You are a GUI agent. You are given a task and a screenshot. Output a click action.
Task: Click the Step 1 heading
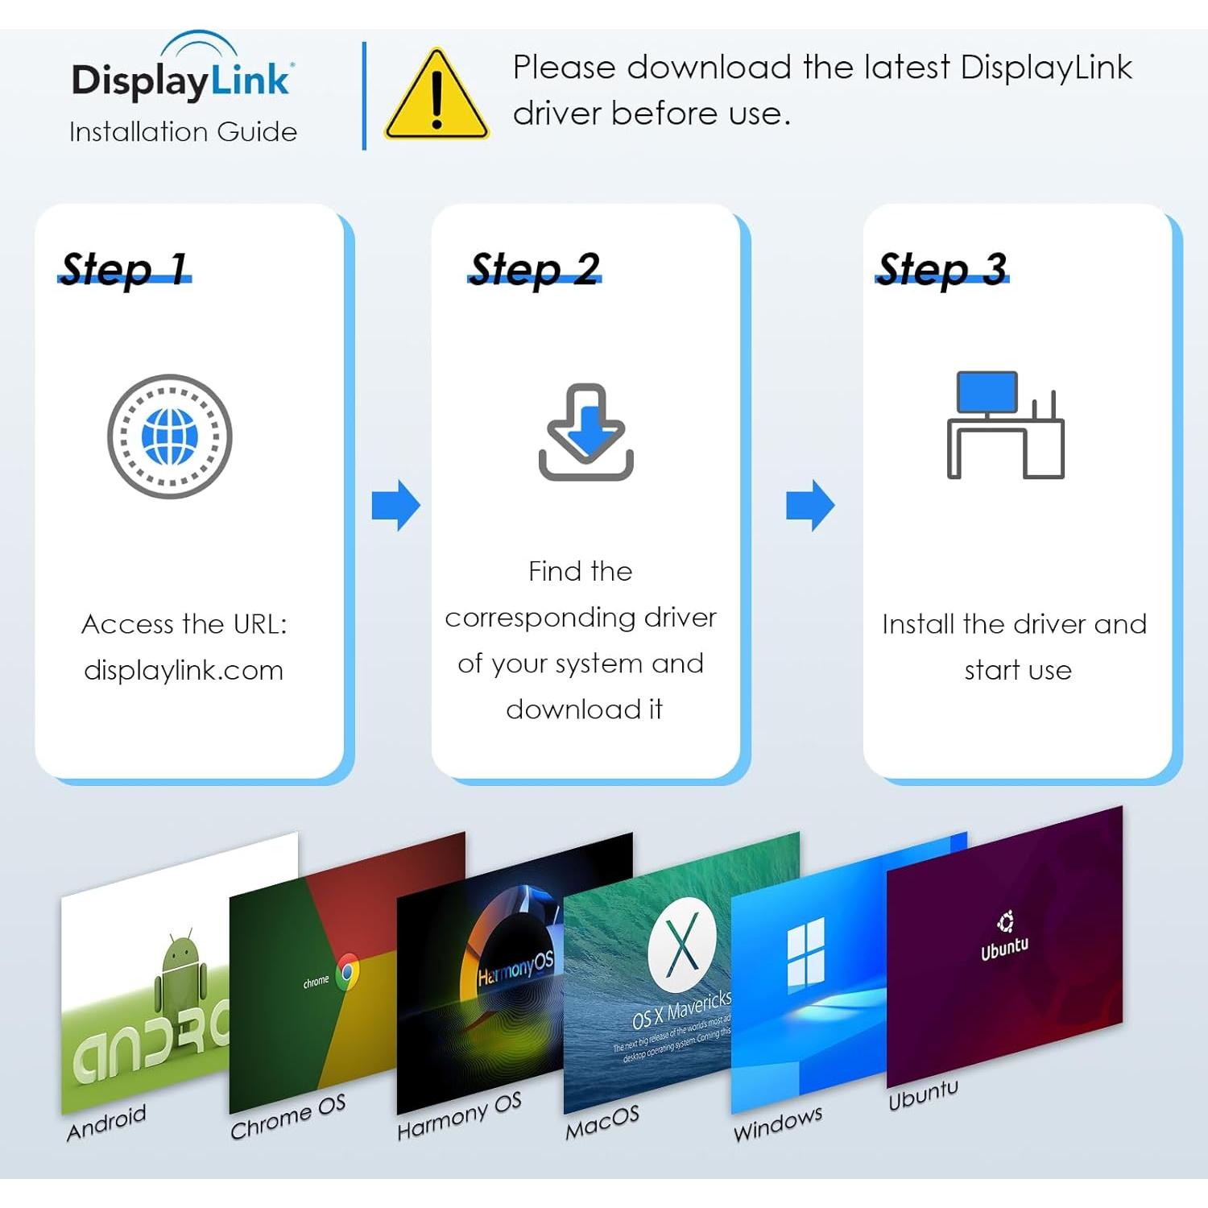coord(124,268)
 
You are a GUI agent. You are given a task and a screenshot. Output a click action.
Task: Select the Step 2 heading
coord(535,268)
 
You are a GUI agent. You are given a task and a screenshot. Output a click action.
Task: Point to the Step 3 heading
coord(942,268)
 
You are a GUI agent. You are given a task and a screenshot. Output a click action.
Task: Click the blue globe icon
coord(170,436)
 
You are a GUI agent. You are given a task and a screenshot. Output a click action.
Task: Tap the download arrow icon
coord(585,432)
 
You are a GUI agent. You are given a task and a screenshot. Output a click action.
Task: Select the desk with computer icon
coord(1005,425)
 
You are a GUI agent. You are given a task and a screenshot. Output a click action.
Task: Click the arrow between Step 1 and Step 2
coord(395,506)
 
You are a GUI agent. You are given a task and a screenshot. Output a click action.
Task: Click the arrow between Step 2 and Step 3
coord(810,506)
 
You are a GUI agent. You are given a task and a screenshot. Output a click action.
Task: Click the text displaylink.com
coord(184,670)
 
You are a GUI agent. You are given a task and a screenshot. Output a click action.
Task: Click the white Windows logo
coord(806,955)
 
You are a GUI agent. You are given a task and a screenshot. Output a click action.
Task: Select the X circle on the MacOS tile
coord(682,945)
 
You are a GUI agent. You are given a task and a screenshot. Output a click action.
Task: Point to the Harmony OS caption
coord(459,1116)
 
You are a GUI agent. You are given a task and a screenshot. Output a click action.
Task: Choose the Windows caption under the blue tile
coord(778,1123)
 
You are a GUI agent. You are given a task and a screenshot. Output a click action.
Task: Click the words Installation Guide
coord(183,131)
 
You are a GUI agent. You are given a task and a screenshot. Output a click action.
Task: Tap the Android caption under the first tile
coord(106,1123)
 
